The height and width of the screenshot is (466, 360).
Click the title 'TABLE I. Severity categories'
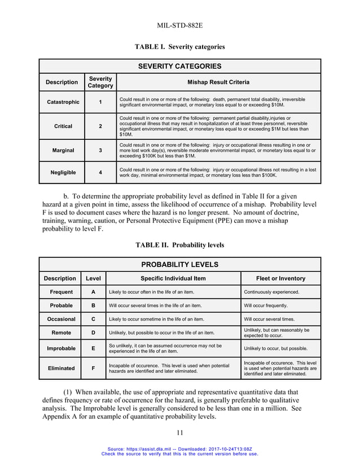179,46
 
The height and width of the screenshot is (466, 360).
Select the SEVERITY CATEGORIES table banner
179,66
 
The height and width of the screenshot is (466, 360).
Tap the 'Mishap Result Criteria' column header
218,82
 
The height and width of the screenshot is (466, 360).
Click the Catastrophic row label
62,102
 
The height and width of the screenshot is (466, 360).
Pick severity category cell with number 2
100,126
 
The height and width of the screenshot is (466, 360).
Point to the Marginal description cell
62,151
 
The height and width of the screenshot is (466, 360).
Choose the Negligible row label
62,173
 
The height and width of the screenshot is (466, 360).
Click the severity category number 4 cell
100,173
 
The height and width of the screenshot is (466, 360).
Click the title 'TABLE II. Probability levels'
179,245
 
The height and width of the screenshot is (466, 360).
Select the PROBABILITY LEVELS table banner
179,265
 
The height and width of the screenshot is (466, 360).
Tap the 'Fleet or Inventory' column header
280,278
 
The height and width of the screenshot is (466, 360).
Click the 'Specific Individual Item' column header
173,278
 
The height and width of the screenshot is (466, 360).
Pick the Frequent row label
61,292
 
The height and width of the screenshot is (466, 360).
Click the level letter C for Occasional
93,319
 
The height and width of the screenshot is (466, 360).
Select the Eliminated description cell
61,368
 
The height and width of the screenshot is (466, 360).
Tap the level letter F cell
93,368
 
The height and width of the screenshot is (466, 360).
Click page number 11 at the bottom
179,433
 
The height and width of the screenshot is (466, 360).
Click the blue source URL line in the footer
179,448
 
